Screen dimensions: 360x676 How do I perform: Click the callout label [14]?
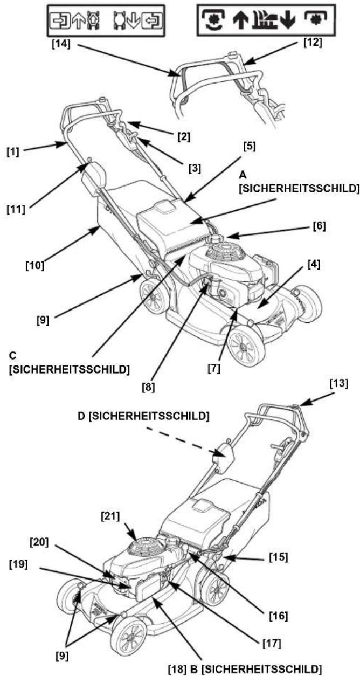pyautogui.click(x=61, y=44)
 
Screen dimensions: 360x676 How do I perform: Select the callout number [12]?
pyautogui.click(x=313, y=43)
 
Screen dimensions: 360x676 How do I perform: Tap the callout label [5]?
pyautogui.click(x=250, y=147)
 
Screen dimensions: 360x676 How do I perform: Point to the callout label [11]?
pyautogui.click(x=16, y=209)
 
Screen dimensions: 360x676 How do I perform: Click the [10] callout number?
pyautogui.click(x=34, y=265)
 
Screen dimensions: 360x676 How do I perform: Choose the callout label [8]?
pyautogui.click(x=148, y=388)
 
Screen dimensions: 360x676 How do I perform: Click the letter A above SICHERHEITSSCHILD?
pyautogui.click(x=242, y=175)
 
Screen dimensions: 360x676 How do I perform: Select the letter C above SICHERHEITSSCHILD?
pyautogui.click(x=12, y=356)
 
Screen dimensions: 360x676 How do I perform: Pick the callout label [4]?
pyautogui.click(x=314, y=265)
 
